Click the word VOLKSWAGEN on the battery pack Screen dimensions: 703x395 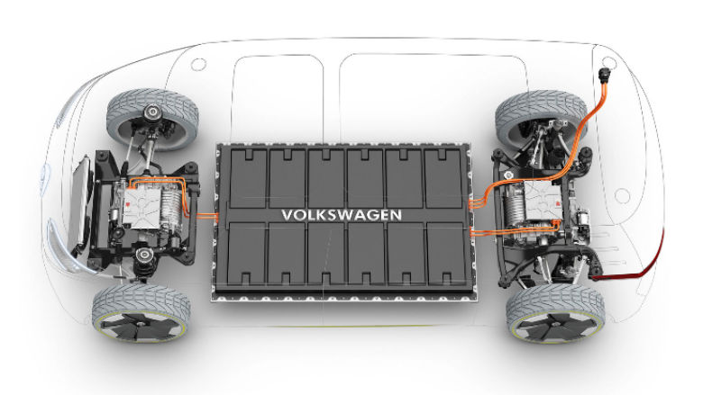click(x=342, y=215)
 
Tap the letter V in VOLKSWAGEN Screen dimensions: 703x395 click(x=288, y=215)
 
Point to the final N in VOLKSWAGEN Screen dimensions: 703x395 click(x=397, y=215)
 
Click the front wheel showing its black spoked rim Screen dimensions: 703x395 click(x=142, y=313)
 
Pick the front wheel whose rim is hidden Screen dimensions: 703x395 click(x=152, y=119)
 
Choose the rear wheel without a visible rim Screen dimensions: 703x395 click(x=541, y=119)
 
